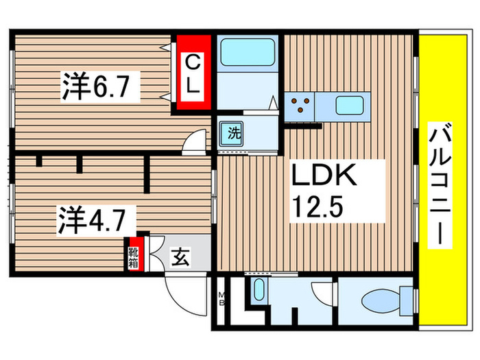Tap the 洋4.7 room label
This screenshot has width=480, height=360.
(x=95, y=219)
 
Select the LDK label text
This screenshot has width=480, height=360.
(x=324, y=177)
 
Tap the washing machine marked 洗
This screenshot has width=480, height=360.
(x=234, y=133)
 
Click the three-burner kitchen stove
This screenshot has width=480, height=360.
(x=299, y=106)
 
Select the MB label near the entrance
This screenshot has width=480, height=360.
(x=222, y=299)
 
